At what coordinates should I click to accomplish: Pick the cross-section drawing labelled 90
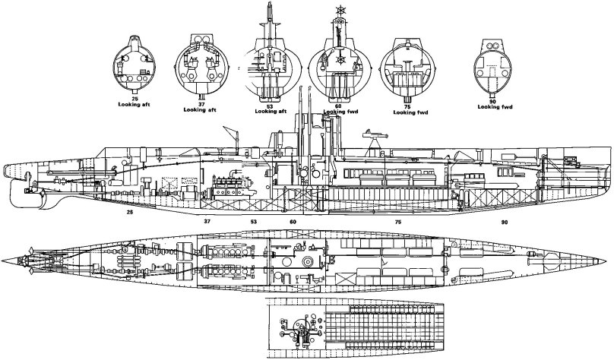[496, 67]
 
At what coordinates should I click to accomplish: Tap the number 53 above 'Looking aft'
[271, 107]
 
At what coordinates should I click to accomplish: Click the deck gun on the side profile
[370, 135]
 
